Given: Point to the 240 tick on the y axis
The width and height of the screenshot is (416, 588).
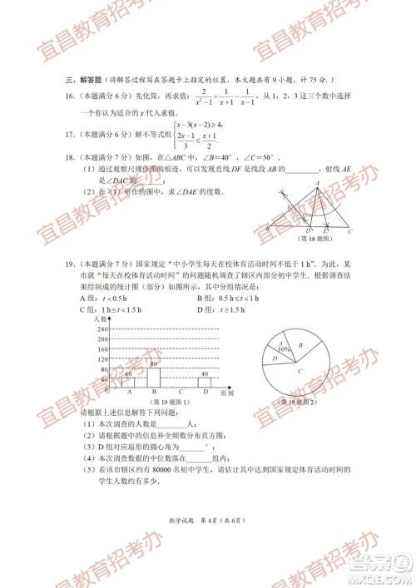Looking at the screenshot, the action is [x=104, y=329].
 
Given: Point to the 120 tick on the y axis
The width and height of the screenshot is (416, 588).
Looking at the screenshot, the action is [x=104, y=359].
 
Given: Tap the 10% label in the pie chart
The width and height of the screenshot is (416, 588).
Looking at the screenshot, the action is [x=285, y=349].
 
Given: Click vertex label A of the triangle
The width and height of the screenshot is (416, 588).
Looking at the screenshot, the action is [x=318, y=183].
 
